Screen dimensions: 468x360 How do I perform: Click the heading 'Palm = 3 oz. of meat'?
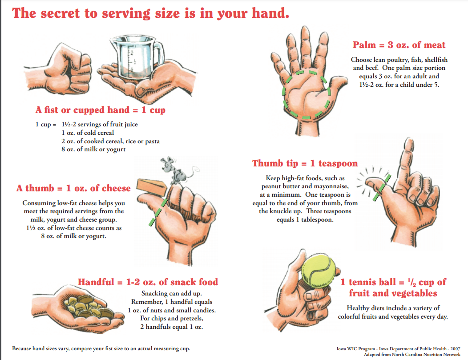pos(399,45)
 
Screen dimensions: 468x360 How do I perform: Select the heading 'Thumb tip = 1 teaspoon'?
pos(305,163)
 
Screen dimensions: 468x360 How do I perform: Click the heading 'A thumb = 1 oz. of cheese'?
pos(73,188)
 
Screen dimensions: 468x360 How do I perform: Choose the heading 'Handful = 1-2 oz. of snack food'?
pos(148,282)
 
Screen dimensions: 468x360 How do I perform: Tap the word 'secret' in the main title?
pos(60,13)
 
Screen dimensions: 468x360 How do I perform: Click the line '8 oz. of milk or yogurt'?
pos(93,149)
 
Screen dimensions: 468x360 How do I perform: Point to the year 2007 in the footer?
pos(455,349)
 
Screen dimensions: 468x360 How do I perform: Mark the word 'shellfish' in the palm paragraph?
pos(436,60)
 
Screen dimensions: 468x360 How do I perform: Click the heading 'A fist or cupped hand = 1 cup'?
pos(100,110)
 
